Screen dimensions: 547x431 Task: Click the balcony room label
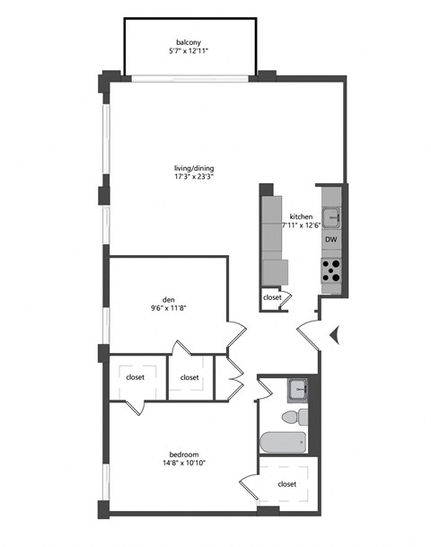pyautogui.click(x=188, y=41)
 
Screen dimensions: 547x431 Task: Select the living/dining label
pyautogui.click(x=194, y=167)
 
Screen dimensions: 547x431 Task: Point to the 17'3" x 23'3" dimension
pyautogui.click(x=194, y=177)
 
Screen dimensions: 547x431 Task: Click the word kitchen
pyautogui.click(x=300, y=216)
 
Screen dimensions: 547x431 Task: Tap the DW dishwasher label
pyautogui.click(x=330, y=240)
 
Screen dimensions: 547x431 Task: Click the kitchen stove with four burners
pyautogui.click(x=331, y=270)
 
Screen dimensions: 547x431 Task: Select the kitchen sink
pyautogui.click(x=331, y=216)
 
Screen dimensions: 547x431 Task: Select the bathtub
pyautogui.click(x=284, y=443)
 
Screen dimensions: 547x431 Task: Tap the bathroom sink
pyautogui.click(x=298, y=391)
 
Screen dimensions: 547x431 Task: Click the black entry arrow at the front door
pyautogui.click(x=334, y=336)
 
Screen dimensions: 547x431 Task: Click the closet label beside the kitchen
pyautogui.click(x=272, y=297)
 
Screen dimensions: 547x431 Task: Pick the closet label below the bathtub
pyautogui.click(x=287, y=484)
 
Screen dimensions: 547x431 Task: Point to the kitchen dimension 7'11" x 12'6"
pyautogui.click(x=302, y=225)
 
